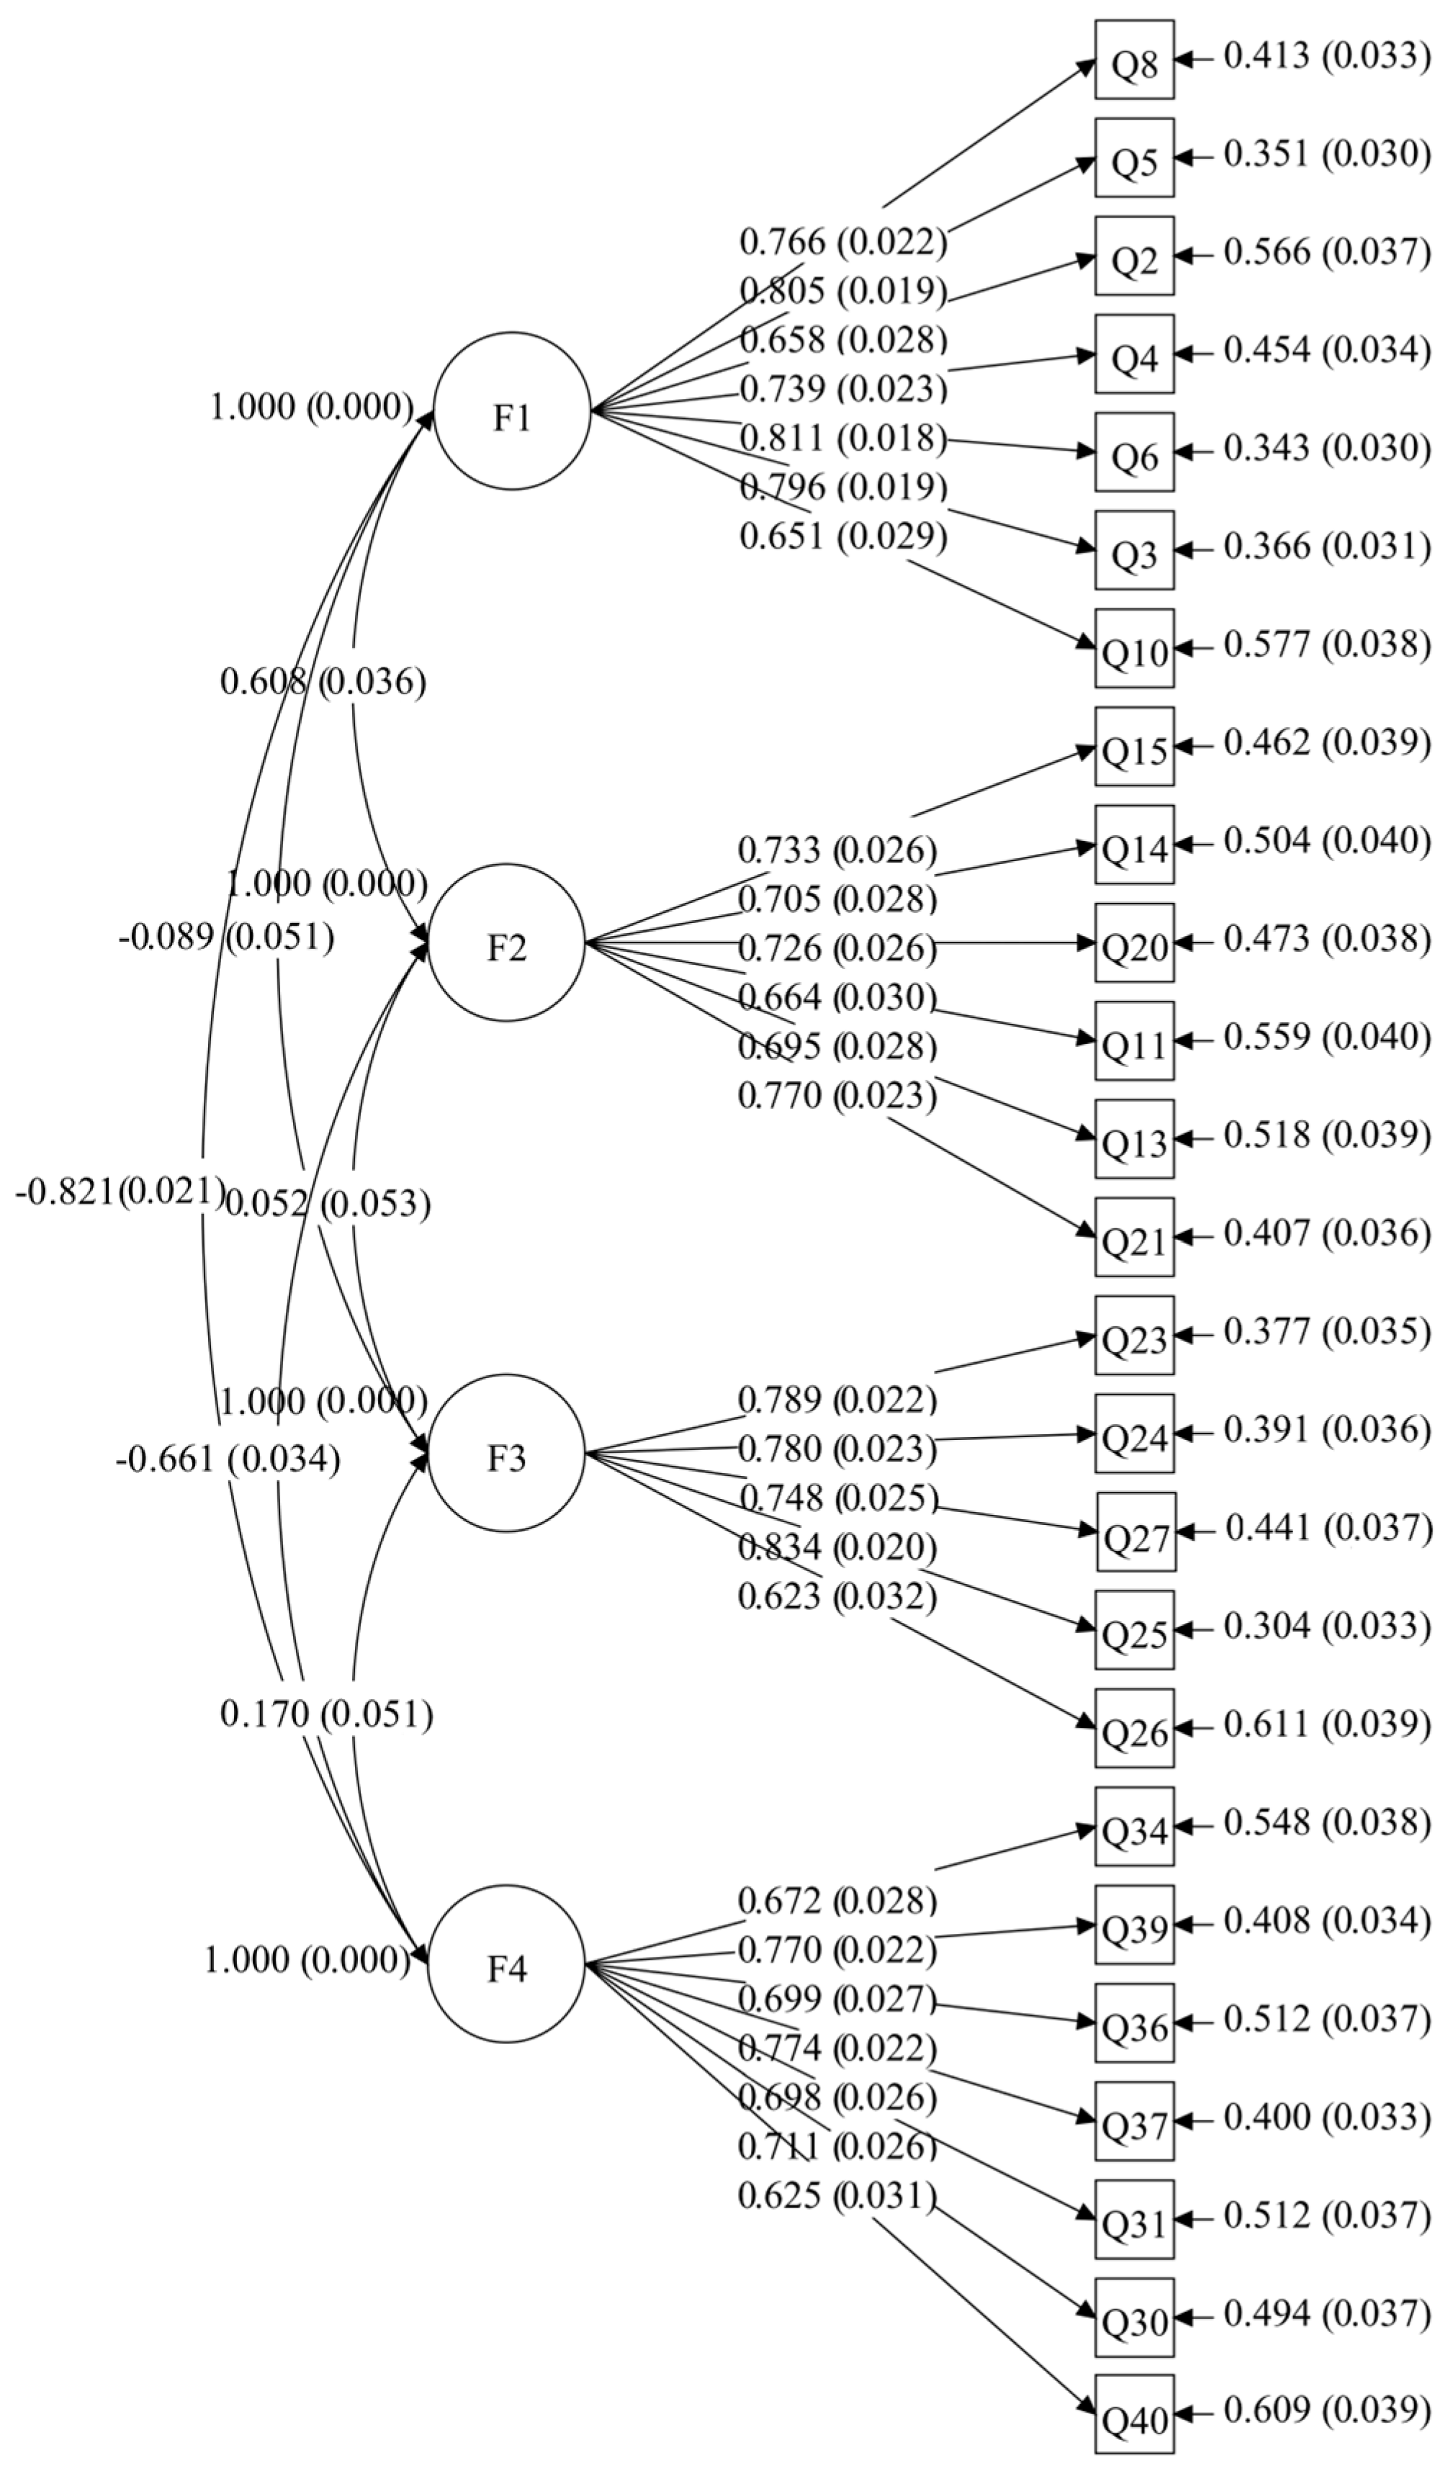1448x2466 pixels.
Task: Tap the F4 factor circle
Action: (505, 1963)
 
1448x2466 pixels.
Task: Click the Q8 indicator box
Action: (1134, 60)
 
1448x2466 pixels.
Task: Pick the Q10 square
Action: (1134, 648)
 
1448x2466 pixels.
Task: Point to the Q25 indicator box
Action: (1134, 1629)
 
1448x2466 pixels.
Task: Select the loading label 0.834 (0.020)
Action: (837, 1547)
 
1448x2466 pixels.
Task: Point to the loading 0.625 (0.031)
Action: (837, 2195)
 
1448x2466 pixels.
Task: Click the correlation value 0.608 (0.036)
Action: (323, 681)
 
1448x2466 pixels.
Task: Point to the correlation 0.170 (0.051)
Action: (325, 1714)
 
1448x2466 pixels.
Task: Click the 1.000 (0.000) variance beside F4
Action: (306, 1959)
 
